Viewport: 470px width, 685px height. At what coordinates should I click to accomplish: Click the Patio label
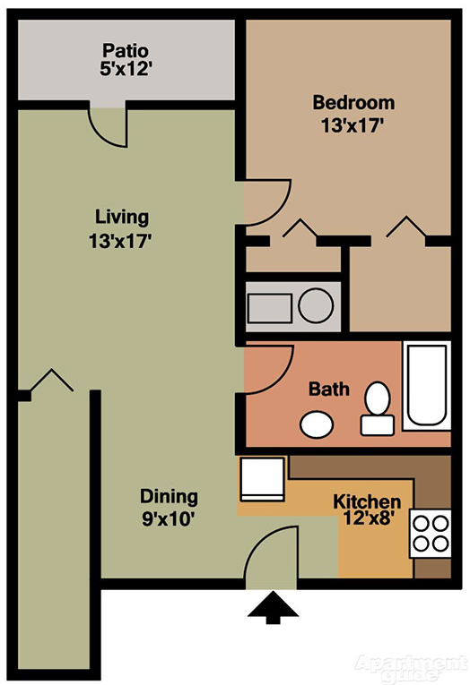pyautogui.click(x=124, y=49)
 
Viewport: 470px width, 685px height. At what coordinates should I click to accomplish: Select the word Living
pyautogui.click(x=122, y=217)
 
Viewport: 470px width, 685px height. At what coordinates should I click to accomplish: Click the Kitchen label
pyautogui.click(x=367, y=501)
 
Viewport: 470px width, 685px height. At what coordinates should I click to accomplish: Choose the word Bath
pyautogui.click(x=329, y=390)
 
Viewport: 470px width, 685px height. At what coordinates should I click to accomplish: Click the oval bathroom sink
pyautogui.click(x=316, y=424)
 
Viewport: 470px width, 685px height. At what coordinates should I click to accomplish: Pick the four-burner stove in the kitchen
pyautogui.click(x=430, y=533)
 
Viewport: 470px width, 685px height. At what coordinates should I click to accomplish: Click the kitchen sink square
pyautogui.click(x=261, y=479)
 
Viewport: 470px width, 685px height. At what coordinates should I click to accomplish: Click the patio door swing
pyautogui.click(x=109, y=125)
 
